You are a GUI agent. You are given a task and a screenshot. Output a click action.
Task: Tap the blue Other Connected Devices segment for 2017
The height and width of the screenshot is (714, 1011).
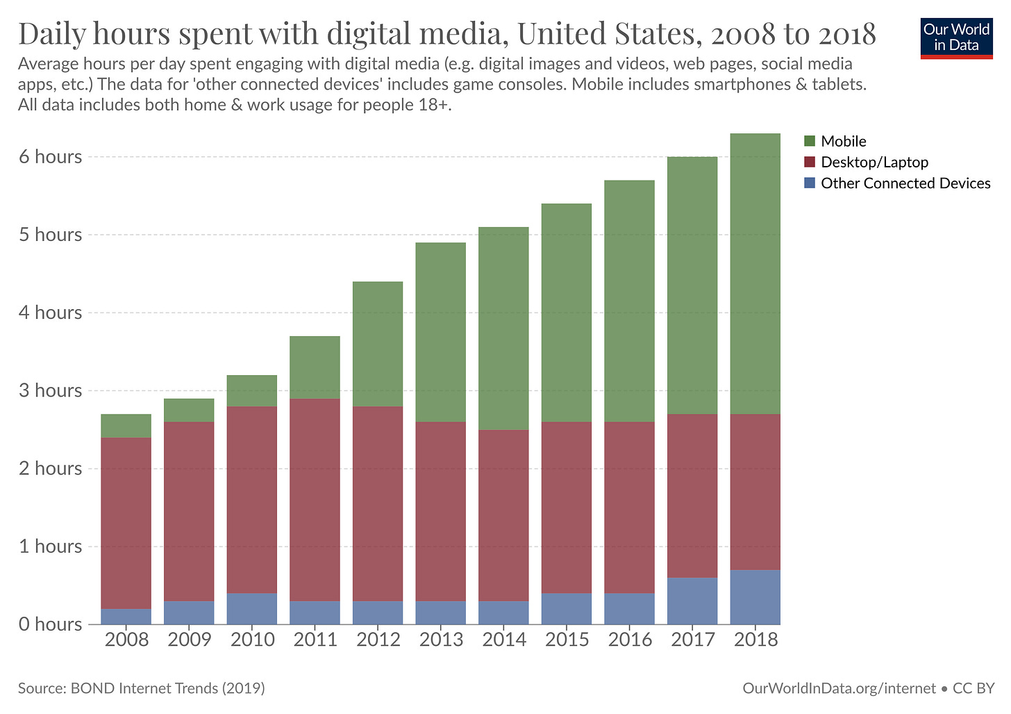point(692,601)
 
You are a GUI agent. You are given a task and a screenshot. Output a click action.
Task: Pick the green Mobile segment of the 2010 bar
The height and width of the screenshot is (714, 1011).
point(252,391)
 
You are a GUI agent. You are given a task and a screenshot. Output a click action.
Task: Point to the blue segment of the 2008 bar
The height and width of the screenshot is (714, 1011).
point(126,616)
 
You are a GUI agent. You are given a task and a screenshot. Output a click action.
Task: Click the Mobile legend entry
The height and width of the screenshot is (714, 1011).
point(843,142)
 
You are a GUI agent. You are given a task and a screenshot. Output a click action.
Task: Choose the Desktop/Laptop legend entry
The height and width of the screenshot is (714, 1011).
point(874,163)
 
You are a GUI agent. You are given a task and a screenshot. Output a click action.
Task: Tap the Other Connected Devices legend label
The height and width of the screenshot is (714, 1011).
point(905,183)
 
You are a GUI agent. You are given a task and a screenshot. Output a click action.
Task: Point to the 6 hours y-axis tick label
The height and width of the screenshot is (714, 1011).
point(50,157)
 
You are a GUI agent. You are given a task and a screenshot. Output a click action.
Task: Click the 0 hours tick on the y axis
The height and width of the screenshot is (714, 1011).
point(50,624)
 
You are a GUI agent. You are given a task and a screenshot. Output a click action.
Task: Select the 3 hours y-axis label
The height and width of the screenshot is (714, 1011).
point(50,390)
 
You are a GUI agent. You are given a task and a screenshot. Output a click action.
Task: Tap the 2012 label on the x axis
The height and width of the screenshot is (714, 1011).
point(378,640)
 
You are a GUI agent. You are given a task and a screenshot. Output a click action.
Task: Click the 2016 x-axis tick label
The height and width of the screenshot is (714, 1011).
point(630,640)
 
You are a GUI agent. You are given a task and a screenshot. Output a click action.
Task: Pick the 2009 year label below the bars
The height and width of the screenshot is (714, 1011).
point(189,640)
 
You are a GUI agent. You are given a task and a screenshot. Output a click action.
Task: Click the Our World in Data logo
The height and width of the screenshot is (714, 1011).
point(956,38)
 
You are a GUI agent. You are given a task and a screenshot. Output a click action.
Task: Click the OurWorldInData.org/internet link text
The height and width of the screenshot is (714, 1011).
point(839,688)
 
